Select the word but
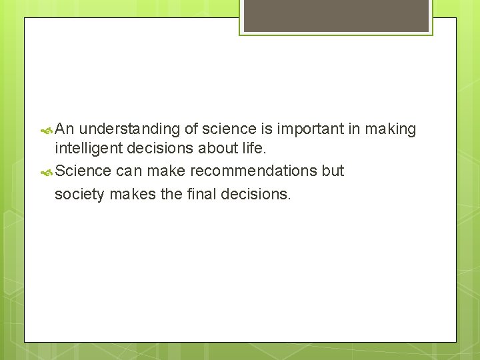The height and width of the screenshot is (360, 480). point(333,171)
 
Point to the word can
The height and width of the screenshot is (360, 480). point(129,171)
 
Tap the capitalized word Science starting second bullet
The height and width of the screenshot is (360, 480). point(83,171)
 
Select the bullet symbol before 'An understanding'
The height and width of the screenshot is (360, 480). point(47,129)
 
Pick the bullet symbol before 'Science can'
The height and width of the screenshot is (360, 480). point(47,171)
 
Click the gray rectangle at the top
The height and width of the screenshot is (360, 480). point(336,15)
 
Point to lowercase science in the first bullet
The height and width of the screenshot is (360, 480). point(228,129)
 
